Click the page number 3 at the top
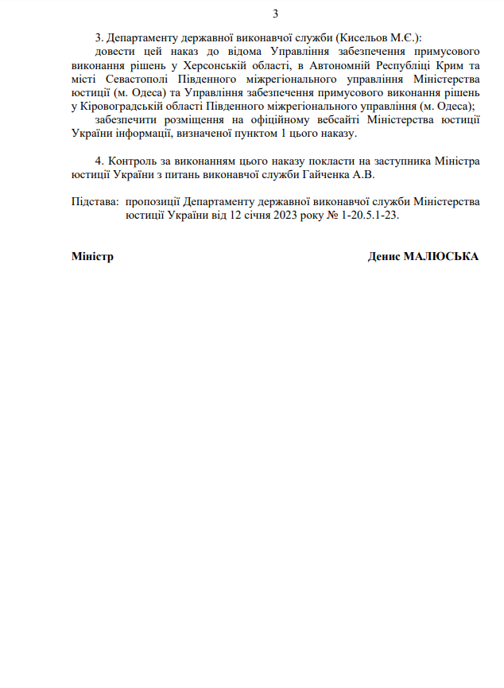pyautogui.click(x=275, y=14)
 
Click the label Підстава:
pyautogui.click(x=95, y=201)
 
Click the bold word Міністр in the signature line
pyautogui.click(x=92, y=257)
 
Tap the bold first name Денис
pyautogui.click(x=384, y=257)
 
